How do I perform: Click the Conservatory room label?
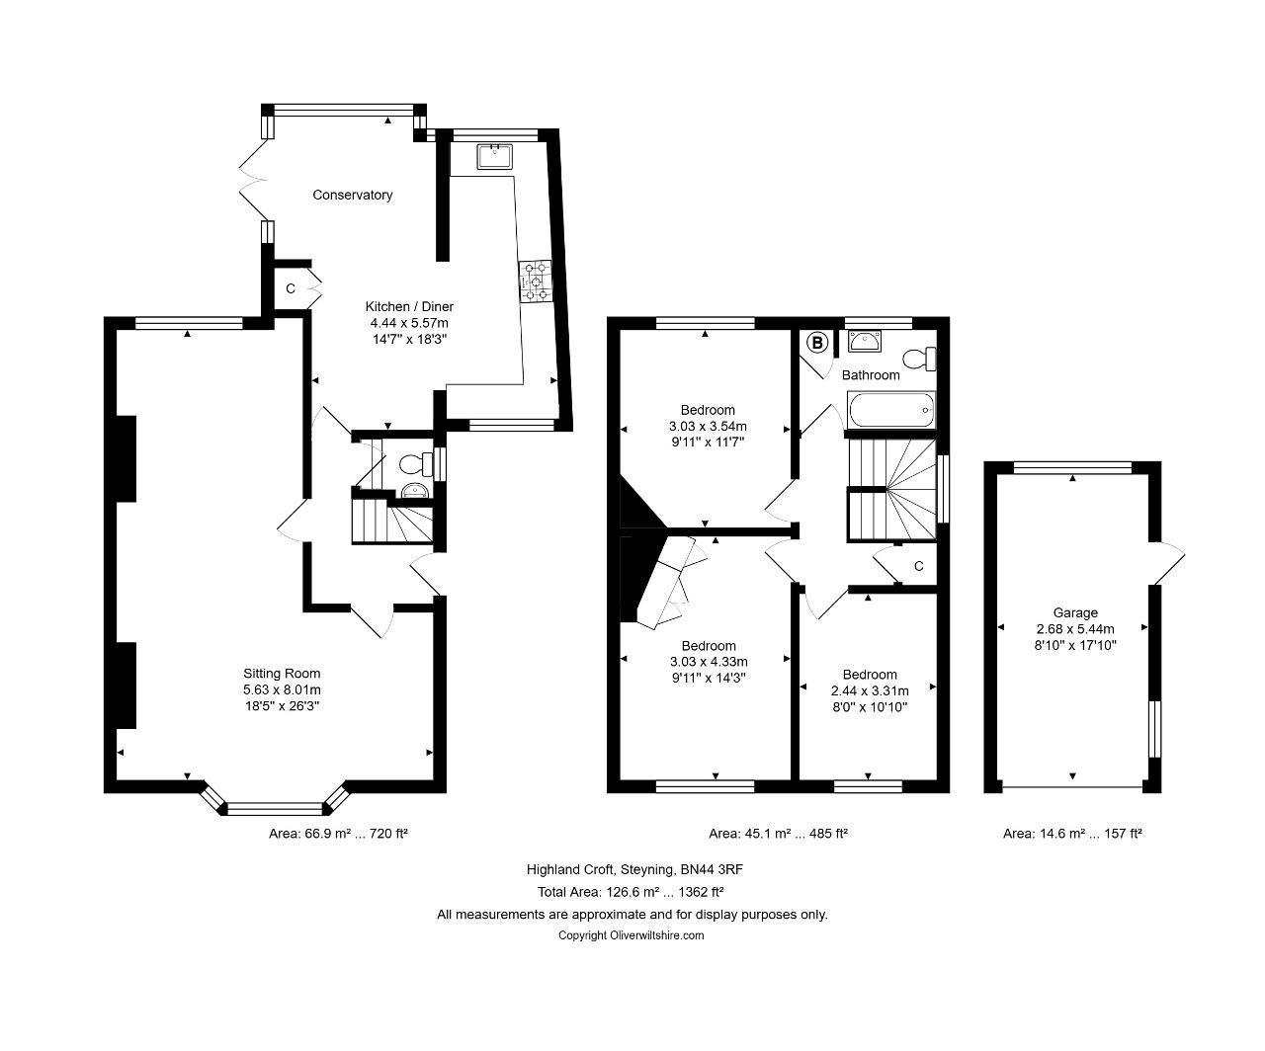[352, 195]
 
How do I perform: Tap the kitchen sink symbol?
[494, 157]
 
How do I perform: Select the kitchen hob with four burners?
[536, 281]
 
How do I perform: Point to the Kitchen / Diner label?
[409, 306]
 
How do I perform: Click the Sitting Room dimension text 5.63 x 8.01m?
[282, 689]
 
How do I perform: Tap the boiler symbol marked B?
[817, 344]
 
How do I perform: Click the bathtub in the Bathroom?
[891, 410]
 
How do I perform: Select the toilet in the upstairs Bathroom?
[920, 359]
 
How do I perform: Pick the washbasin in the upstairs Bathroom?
[865, 341]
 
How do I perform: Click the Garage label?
[1075, 612]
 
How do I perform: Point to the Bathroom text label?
[871, 375]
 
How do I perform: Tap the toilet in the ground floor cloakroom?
[416, 464]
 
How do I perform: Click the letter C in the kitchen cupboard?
[291, 288]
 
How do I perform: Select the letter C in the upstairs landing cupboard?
[918, 566]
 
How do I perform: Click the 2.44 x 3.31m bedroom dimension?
[870, 690]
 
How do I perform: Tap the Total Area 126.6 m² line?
[631, 892]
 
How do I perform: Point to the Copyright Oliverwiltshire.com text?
[631, 935]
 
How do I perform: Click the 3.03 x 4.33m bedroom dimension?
[709, 662]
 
